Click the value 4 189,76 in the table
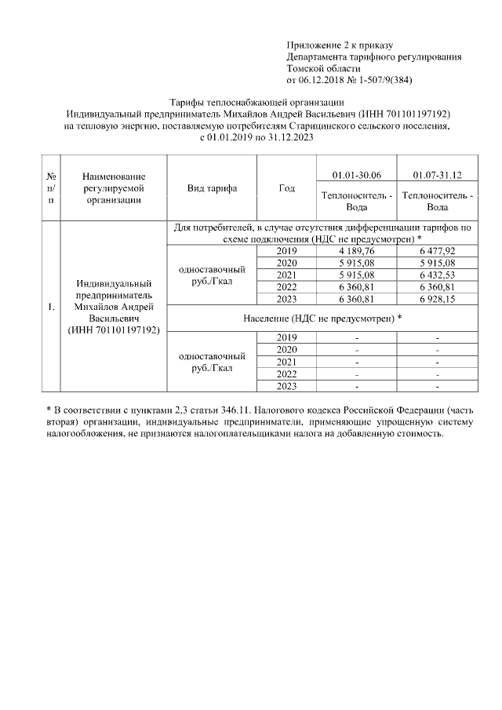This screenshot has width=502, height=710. click(x=357, y=250)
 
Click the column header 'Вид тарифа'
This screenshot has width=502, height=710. click(x=212, y=188)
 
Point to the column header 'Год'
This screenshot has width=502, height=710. click(x=286, y=188)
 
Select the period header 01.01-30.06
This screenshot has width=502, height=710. click(x=357, y=173)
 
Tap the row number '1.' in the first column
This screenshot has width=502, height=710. click(x=51, y=307)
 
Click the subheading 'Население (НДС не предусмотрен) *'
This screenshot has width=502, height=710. click(x=324, y=319)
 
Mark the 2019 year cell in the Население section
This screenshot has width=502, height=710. click(x=286, y=337)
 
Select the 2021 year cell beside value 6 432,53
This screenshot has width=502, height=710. click(x=286, y=275)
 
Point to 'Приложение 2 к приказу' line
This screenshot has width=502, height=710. click(x=340, y=46)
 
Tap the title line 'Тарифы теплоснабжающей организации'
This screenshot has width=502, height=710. click(x=257, y=103)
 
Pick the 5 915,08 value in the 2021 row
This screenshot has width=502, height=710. click(x=357, y=275)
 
